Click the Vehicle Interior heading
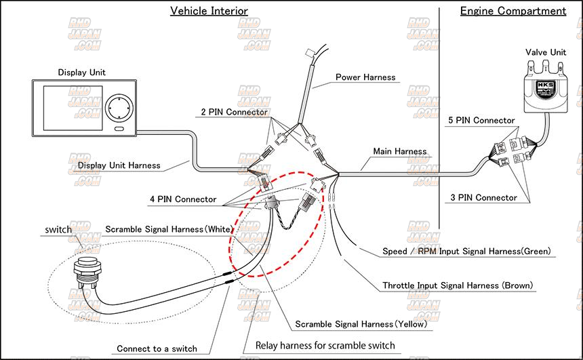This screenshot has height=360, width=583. [208, 11]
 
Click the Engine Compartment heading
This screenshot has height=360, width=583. [512, 11]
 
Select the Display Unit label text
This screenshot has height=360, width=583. [81, 73]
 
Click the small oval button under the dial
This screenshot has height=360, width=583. [120, 128]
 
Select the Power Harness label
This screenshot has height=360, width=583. [365, 77]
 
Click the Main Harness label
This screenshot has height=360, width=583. [400, 151]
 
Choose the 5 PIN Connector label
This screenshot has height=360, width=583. [482, 121]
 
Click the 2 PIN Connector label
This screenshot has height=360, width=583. [234, 112]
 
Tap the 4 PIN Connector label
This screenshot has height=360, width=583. [183, 199]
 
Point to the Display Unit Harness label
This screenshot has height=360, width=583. [119, 165]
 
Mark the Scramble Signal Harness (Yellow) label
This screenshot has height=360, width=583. [361, 324]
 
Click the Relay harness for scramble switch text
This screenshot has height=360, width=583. [325, 346]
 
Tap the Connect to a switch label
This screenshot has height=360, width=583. [157, 348]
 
